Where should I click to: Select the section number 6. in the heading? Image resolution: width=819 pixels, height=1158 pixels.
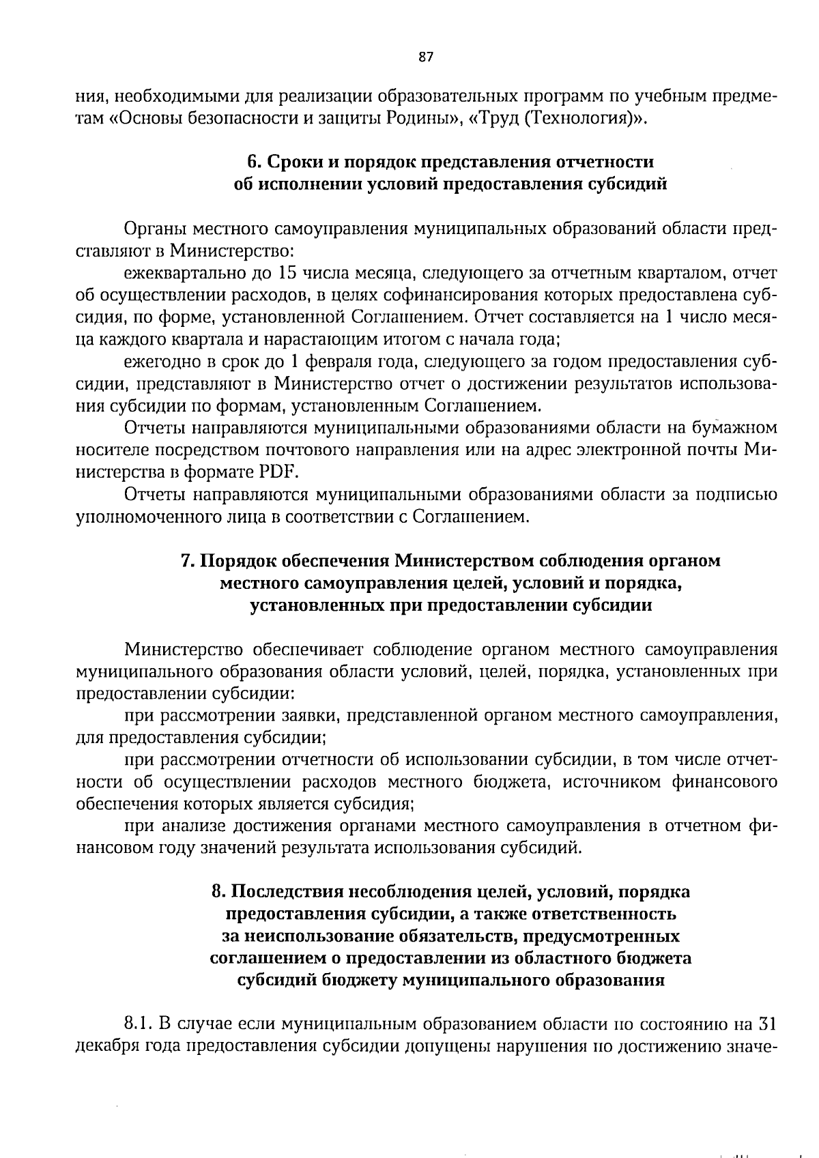(x=254, y=162)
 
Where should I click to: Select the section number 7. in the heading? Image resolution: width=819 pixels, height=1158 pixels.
(x=188, y=561)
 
